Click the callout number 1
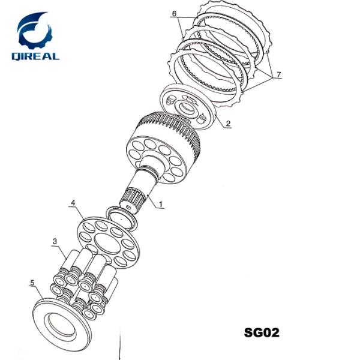[161, 204]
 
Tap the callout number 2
[228, 124]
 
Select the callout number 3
[55, 241]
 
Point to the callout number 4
[73, 203]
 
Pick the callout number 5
[32, 283]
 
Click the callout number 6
[174, 14]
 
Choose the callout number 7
[279, 74]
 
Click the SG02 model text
[262, 332]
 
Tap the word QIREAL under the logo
[35, 56]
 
